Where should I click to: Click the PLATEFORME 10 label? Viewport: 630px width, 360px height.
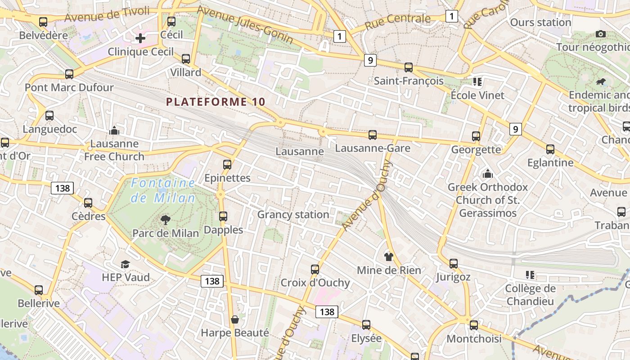pos(216,102)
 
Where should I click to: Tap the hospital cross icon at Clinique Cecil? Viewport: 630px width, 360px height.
pos(140,38)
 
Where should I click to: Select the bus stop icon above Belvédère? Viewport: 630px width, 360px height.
pos(43,22)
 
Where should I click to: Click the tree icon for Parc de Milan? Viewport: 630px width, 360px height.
pos(166,220)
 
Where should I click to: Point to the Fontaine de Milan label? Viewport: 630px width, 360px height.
pos(163,190)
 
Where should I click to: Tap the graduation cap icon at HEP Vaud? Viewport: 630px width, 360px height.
pos(125,264)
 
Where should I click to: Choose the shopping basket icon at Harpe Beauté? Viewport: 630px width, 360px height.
pos(234,319)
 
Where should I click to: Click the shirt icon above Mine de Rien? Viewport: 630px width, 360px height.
pos(389,257)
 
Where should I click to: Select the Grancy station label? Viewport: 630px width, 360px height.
pos(293,215)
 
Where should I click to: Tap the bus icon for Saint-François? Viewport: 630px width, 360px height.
pos(409,67)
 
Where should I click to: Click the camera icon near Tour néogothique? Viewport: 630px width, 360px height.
pos(600,34)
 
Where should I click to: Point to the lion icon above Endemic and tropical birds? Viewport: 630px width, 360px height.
pos(600,82)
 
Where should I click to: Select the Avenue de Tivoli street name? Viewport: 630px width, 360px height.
pos(107,14)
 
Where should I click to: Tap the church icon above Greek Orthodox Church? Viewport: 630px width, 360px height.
pos(487,174)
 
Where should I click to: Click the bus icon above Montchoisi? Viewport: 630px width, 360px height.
pos(473,325)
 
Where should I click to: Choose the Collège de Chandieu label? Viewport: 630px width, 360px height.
pos(530,295)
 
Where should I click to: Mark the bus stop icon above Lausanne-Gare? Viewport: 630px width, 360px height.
pos(373,135)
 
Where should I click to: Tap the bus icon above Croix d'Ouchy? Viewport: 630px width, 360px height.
pos(315,270)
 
